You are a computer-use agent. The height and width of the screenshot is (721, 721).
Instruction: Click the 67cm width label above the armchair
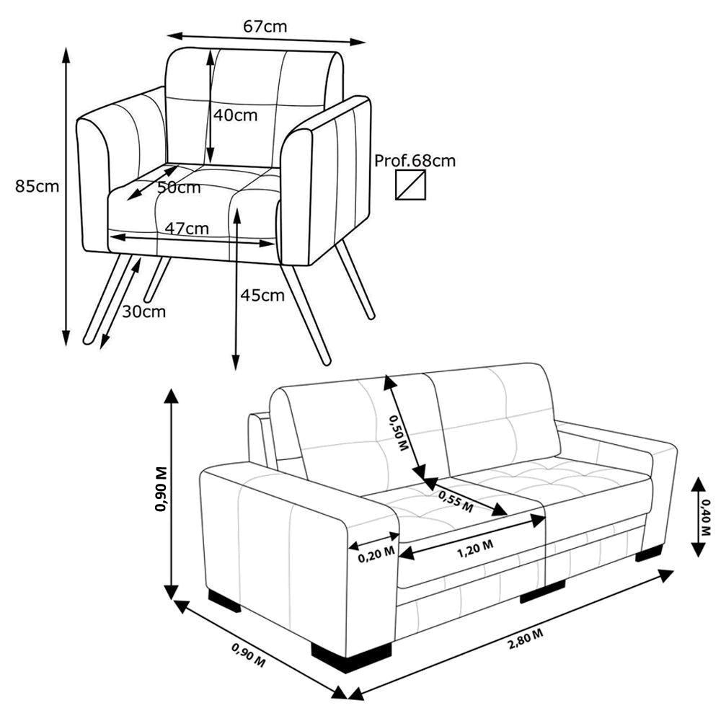(265, 26)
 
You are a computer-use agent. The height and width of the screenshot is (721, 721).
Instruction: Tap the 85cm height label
(37, 186)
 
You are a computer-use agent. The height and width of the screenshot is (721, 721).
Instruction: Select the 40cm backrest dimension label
(236, 115)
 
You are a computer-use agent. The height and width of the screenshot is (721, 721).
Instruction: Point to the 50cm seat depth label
(179, 187)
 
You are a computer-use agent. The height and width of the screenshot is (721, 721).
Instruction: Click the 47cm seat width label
(187, 228)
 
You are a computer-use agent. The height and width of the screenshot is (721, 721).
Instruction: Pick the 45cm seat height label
(262, 295)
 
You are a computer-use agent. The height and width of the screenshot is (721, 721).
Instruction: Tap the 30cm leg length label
(144, 311)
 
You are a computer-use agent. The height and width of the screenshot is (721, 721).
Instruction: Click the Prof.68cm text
(415, 161)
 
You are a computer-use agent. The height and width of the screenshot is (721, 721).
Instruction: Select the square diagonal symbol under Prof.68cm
(411, 185)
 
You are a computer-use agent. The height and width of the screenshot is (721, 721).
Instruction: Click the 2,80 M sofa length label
(526, 640)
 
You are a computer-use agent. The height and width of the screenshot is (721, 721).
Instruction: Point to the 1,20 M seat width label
(475, 549)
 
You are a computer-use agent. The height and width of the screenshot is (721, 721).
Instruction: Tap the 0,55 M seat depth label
(455, 501)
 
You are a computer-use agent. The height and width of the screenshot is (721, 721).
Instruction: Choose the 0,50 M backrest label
(399, 432)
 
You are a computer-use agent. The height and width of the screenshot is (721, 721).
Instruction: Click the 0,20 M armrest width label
(376, 554)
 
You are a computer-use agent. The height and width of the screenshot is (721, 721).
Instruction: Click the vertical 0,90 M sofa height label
(162, 489)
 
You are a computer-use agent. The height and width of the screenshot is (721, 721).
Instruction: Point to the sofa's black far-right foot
(649, 553)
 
